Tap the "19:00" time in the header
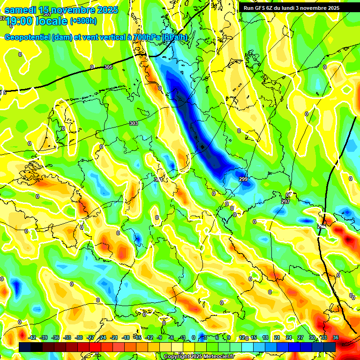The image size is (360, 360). [x=20, y=22]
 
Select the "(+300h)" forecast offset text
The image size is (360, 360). [x=83, y=21]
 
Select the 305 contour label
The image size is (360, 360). [x=108, y=67]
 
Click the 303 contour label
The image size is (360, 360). [x=134, y=124]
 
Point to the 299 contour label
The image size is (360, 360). [x=243, y=179]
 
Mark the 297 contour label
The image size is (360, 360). [x=285, y=201]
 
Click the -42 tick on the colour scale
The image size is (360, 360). [x=32, y=337]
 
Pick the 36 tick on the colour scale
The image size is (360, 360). [x=335, y=337]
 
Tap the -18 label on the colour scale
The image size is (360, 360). [x=125, y=337]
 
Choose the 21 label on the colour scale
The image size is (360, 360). [x=277, y=337]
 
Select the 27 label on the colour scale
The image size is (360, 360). [x=300, y=337]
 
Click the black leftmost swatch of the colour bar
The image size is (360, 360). [x=25, y=347]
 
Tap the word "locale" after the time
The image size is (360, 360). [x=53, y=22]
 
